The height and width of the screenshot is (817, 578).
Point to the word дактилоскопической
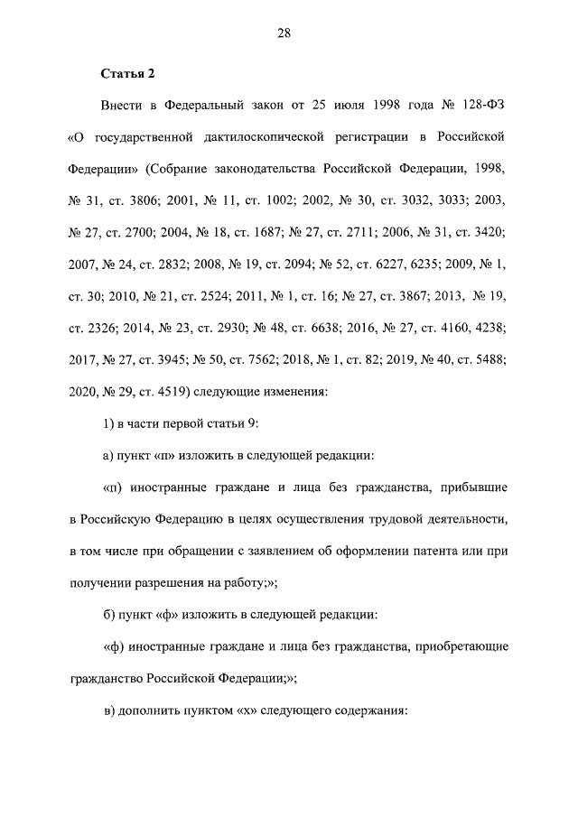tap(271, 137)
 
